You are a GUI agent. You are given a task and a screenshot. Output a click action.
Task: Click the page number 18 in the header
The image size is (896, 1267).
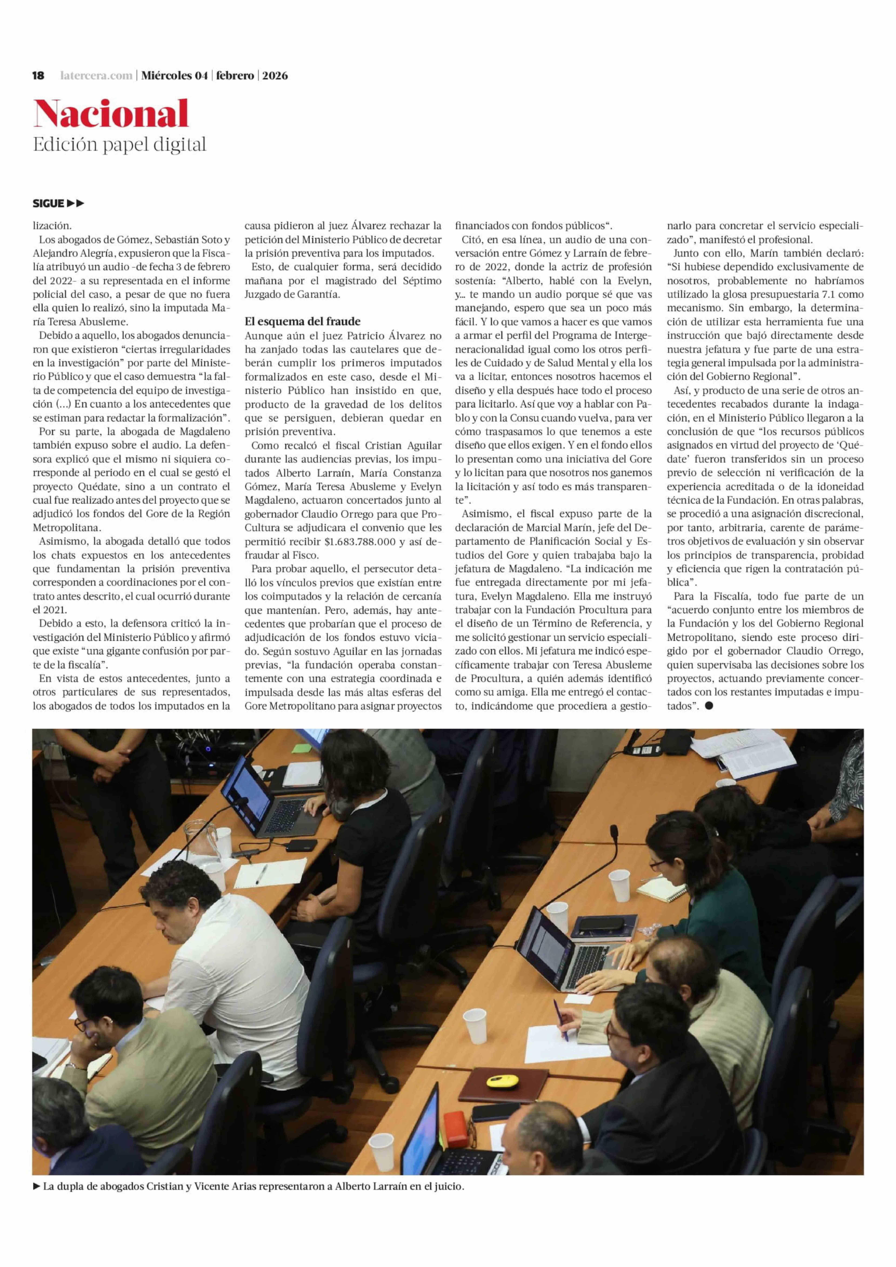[38, 76]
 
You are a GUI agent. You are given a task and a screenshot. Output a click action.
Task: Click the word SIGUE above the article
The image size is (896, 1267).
[49, 204]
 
